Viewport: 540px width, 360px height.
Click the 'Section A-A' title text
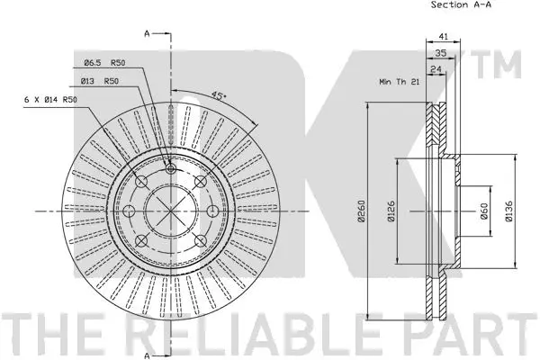[x=460, y=5]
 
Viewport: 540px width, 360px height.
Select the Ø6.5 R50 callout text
[x=104, y=62]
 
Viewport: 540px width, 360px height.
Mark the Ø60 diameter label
[x=483, y=212]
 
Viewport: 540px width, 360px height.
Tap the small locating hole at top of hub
[x=171, y=167]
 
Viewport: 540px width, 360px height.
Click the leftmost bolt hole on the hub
[x=129, y=211]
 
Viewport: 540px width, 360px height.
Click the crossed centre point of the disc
[x=171, y=211]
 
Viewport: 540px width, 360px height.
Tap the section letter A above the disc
[x=146, y=34]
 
